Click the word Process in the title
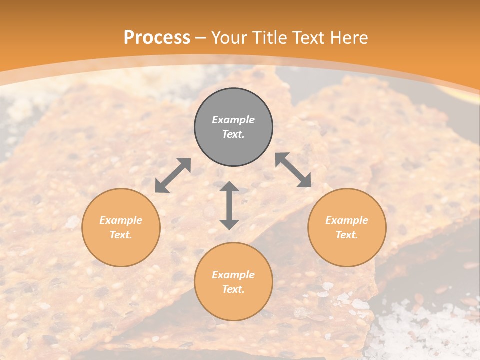157,38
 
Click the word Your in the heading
229,38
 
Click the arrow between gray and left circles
173,175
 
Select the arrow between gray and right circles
293,170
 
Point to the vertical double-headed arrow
229,205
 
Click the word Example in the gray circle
233,120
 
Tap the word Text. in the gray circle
233,134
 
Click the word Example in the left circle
121,220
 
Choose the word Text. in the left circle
121,235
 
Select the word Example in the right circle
347,220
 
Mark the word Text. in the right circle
347,235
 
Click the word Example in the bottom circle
233,275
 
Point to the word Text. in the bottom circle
233,289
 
